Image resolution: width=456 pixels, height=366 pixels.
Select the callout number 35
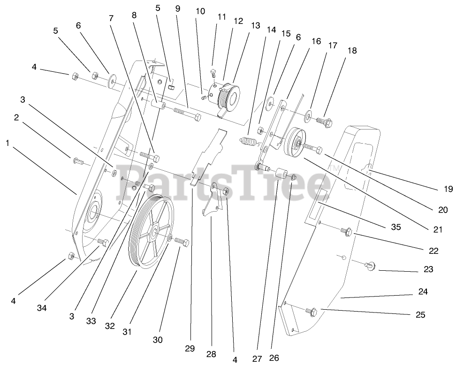[396, 227]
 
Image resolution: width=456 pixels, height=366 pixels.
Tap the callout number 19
[448, 189]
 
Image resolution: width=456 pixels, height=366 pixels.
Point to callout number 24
[423, 291]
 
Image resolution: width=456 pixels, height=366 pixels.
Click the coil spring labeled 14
[248, 141]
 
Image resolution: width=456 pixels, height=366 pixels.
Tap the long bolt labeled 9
[186, 113]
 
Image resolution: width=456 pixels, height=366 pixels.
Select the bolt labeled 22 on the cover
[346, 230]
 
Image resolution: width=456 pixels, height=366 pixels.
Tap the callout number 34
[43, 308]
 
